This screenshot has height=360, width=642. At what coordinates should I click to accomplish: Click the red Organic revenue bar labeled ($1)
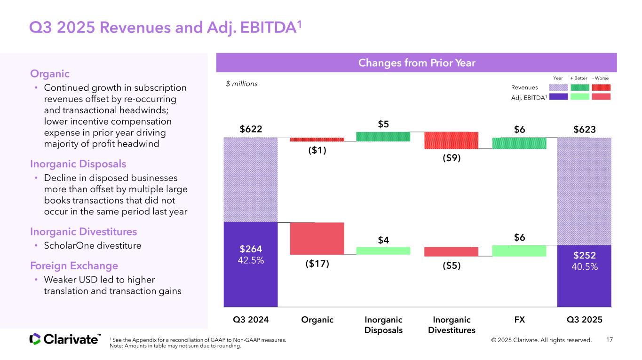pos(317,140)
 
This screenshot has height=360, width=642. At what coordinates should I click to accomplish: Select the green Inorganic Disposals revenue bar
pos(383,136)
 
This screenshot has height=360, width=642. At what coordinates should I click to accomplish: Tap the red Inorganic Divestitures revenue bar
pos(451,140)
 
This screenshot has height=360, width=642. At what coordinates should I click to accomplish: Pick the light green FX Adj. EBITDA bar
pos(519,250)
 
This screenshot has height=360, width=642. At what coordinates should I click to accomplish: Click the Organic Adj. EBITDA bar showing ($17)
pos(317,238)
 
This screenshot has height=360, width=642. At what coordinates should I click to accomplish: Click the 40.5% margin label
pos(585,267)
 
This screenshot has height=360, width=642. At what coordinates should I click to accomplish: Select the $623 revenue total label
pos(585,128)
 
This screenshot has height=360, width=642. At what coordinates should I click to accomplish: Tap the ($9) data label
pos(452,158)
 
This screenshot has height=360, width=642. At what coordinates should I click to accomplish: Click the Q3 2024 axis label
pos(251,320)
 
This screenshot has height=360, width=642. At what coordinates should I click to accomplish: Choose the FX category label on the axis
pos(519,320)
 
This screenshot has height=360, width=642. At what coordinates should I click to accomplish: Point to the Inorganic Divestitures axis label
pos(452,325)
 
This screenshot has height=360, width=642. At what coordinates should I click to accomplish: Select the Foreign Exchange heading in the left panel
pos(74,265)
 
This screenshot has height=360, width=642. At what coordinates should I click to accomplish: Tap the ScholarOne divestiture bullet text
pos(92,246)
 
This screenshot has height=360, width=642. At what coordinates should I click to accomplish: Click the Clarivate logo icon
pos(35,339)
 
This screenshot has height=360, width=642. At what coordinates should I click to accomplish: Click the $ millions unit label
pos(242,84)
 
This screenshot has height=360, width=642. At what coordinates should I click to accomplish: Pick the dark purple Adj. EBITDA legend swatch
pos(558,96)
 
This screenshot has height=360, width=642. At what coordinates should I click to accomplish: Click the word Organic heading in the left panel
pos(50,74)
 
